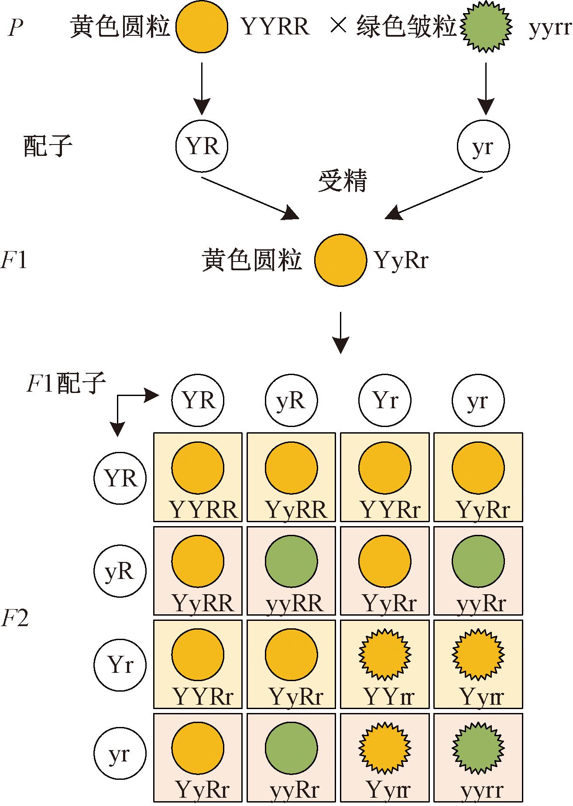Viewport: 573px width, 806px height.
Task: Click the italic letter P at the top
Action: tap(16, 28)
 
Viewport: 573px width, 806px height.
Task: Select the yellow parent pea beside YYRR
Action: tap(202, 27)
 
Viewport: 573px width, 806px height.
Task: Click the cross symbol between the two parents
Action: tap(339, 27)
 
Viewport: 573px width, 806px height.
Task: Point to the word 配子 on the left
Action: tap(48, 146)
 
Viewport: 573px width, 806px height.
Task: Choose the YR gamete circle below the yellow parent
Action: tap(202, 146)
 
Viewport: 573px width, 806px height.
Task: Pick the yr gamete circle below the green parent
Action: tap(483, 146)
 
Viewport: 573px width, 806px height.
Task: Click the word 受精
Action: tap(343, 181)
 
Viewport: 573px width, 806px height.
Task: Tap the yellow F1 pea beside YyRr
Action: tap(340, 260)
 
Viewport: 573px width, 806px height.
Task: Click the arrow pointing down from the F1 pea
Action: tap(340, 332)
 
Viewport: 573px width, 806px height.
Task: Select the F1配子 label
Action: tap(67, 384)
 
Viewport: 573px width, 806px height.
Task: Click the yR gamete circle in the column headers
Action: tap(291, 400)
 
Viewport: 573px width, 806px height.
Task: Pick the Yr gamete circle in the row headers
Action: tap(120, 665)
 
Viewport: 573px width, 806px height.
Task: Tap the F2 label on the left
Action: tap(15, 618)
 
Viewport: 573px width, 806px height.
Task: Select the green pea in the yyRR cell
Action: tap(291, 561)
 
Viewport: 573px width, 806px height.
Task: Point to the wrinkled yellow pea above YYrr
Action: tap(384, 654)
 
